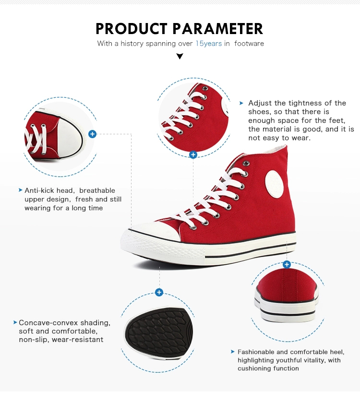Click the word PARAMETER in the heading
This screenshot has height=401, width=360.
pyautogui.click(x=217, y=29)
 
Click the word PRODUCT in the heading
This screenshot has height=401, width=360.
pyautogui.click(x=131, y=29)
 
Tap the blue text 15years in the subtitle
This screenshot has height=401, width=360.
pyautogui.click(x=208, y=44)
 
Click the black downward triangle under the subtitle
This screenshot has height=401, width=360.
pyautogui.click(x=180, y=56)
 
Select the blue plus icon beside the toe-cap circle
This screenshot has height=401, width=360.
pyautogui.click(x=92, y=134)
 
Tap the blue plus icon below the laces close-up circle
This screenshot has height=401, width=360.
pyautogui.click(x=193, y=155)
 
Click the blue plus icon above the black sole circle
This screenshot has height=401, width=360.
pyautogui.click(x=159, y=292)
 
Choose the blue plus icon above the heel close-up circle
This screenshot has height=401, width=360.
pyautogui.click(x=287, y=264)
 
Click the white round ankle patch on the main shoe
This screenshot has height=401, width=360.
pyautogui.click(x=274, y=184)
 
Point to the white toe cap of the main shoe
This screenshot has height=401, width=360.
pyautogui.click(x=156, y=232)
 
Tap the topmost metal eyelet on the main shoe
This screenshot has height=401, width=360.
pyautogui.click(x=246, y=163)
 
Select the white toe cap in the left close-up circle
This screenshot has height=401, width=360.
pyautogui.click(x=70, y=138)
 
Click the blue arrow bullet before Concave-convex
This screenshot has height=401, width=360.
pyautogui.click(x=15, y=322)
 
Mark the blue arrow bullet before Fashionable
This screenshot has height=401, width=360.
pyautogui.click(x=233, y=352)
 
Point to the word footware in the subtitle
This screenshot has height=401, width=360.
pyautogui.click(x=249, y=44)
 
